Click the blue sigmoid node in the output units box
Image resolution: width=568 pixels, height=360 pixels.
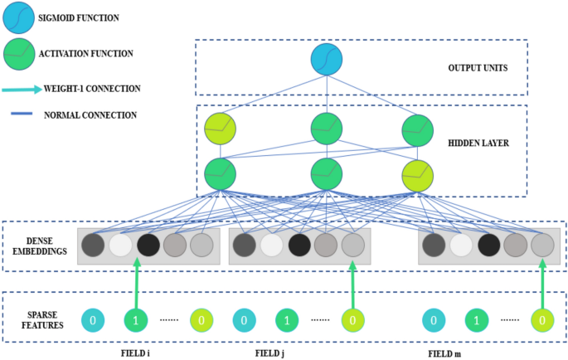tap(327, 60)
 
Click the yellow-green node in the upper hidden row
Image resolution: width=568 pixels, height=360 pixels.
tap(220, 129)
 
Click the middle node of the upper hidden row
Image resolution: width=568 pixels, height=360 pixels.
tap(327, 129)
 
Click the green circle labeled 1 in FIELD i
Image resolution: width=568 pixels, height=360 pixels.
tap(138, 319)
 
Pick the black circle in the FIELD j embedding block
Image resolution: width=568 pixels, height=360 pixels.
tap(299, 245)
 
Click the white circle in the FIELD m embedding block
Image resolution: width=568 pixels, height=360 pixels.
tap(461, 245)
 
